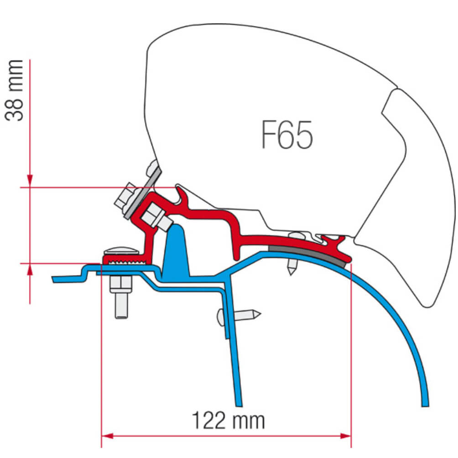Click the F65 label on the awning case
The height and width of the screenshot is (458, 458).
(x=287, y=135)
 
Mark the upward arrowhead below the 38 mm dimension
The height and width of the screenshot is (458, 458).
(x=30, y=270)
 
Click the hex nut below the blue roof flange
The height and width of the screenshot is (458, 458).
(x=120, y=285)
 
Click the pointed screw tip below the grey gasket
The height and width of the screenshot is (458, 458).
(x=290, y=269)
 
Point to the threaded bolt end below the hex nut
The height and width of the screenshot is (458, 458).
(x=120, y=307)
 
